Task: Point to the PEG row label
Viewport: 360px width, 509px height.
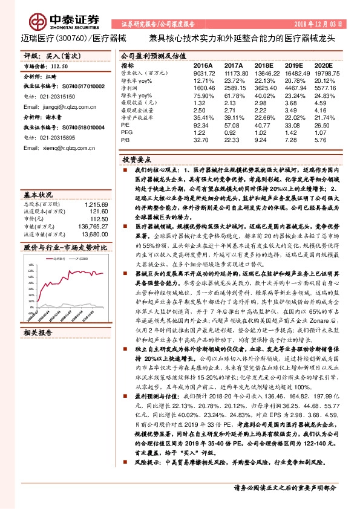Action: [127, 132]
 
